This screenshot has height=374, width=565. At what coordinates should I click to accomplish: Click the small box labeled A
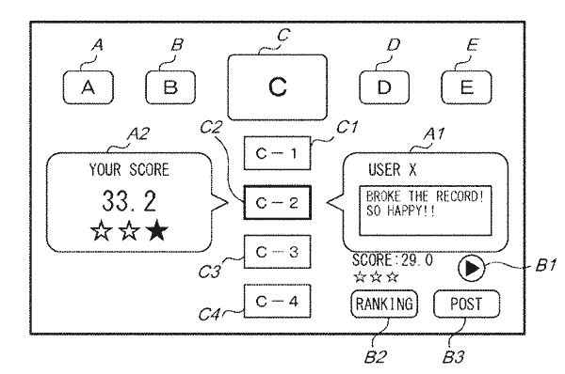pos(89,87)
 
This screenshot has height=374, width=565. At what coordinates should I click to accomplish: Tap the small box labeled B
pos(170,87)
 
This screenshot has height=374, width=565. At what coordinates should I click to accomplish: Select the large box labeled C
pos(278,87)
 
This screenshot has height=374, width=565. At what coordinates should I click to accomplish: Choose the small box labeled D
pos(384,87)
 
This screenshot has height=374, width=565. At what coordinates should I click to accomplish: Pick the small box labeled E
pos(467,87)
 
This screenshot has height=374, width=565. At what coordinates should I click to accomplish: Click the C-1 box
pos(277,153)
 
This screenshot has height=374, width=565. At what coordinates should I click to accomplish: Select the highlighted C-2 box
pos(277,202)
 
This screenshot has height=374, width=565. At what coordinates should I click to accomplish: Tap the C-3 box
pos(277,252)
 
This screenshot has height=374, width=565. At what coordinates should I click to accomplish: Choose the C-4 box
pos(277,302)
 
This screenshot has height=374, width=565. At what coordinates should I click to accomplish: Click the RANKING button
pos(384,304)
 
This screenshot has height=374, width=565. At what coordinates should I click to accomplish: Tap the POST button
pos(467,304)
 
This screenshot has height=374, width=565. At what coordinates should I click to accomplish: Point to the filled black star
pos(157,230)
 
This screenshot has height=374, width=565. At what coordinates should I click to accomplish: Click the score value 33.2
pos(129,201)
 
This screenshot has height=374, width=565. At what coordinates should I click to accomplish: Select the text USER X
pos(393,169)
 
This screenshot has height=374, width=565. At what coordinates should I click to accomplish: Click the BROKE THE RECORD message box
pos(426,210)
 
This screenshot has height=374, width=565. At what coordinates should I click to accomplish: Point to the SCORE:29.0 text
pos(393,260)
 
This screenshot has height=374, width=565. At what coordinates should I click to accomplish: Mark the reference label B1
pos(546,265)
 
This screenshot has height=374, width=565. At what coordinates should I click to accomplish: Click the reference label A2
pos(138,134)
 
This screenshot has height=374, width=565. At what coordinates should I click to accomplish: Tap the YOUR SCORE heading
pos(129,170)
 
